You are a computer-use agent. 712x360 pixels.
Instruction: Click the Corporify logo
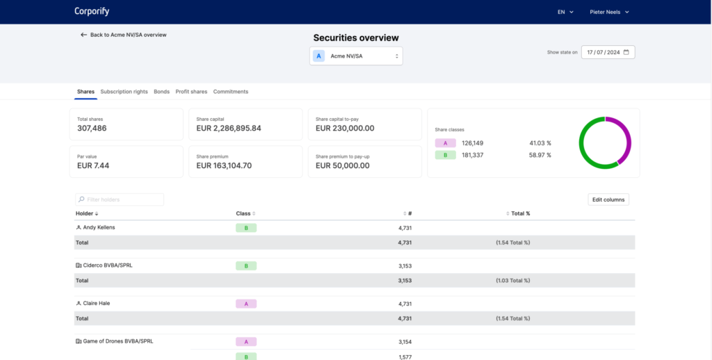pyautogui.click(x=92, y=11)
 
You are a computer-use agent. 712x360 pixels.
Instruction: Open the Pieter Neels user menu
pyautogui.click(x=609, y=13)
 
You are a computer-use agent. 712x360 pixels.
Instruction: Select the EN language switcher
pyautogui.click(x=565, y=13)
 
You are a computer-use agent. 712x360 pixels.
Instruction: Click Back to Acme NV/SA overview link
pyautogui.click(x=124, y=35)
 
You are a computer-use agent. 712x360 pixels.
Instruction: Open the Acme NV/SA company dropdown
pyautogui.click(x=356, y=56)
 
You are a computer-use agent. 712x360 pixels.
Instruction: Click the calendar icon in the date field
pyautogui.click(x=626, y=52)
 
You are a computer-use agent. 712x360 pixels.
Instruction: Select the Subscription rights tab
pyautogui.click(x=124, y=92)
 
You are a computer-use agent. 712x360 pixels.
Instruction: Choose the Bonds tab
pyautogui.click(x=161, y=92)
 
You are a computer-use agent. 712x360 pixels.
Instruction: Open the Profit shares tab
pyautogui.click(x=191, y=92)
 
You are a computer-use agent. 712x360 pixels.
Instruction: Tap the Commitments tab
pyautogui.click(x=231, y=92)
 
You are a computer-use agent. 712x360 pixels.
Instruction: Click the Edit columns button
pyautogui.click(x=608, y=199)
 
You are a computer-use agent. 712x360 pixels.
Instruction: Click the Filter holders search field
pyautogui.click(x=120, y=199)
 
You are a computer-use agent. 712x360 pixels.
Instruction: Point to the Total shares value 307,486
pyautogui.click(x=92, y=129)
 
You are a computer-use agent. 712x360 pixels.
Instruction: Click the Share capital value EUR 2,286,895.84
pyautogui.click(x=228, y=129)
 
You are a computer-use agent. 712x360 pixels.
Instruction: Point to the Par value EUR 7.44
pyautogui.click(x=93, y=165)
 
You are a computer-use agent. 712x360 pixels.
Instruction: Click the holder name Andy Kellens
pyautogui.click(x=99, y=227)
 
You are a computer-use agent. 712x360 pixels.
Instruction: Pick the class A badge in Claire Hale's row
pyautogui.click(x=246, y=304)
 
